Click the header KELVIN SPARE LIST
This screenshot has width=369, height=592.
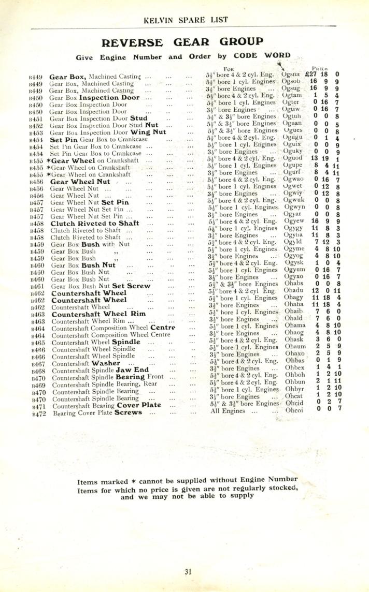pos(184,20)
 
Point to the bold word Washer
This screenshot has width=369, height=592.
pos(106,364)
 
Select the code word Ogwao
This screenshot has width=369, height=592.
pos(294,179)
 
